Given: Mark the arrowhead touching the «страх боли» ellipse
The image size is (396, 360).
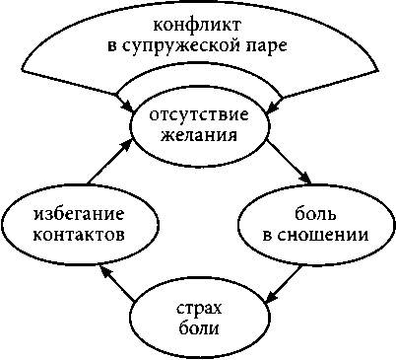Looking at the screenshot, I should [x=269, y=294].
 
